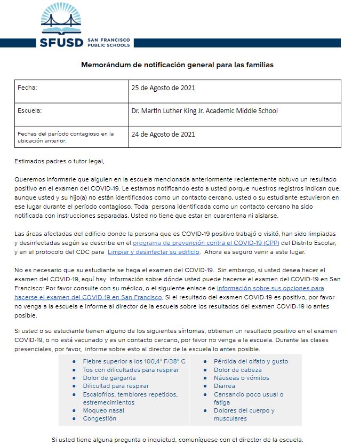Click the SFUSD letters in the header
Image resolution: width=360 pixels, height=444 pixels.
point(61,43)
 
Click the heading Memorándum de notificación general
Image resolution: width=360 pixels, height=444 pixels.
point(177,65)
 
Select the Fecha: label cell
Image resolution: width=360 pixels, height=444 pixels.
point(28,87)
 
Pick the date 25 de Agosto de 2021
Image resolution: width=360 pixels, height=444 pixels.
point(163,88)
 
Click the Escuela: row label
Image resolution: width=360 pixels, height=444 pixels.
point(29,111)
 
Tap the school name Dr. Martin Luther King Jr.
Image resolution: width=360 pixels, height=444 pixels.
point(204,111)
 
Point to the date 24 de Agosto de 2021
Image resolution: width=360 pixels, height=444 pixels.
point(163,134)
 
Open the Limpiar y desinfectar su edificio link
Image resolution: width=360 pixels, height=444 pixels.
point(154,251)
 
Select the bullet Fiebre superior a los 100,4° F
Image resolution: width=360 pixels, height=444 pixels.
point(134,361)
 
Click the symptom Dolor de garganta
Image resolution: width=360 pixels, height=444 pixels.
point(109,378)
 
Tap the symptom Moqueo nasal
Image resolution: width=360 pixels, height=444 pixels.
point(103,410)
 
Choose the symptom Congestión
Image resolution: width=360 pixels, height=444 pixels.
point(99,419)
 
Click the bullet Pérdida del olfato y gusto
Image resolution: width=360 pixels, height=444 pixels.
point(251,361)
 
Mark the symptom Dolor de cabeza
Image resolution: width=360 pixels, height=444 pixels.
point(238,370)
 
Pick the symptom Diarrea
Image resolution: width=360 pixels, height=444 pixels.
point(225,386)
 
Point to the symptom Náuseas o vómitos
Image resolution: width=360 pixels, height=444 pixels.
point(242,378)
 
